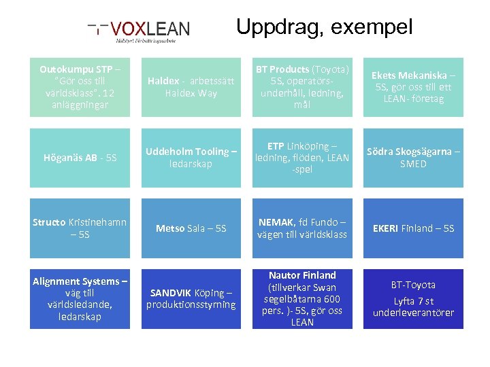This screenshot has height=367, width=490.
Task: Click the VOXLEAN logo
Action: tap(140, 30)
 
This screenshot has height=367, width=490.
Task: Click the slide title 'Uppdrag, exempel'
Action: tap(324, 27)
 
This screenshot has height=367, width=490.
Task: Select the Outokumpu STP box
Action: tap(80, 87)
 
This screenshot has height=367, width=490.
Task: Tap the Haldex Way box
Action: tap(191, 87)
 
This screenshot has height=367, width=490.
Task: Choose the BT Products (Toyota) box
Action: tap(302, 87)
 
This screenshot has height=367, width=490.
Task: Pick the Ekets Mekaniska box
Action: tap(413, 87)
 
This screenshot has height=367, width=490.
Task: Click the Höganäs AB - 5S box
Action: tap(80, 158)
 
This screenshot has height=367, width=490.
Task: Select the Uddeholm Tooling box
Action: tap(191, 158)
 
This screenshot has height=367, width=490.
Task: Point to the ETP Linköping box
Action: tap(302, 158)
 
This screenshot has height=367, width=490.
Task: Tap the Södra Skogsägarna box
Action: tap(413, 158)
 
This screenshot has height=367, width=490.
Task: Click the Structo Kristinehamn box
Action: tap(80, 228)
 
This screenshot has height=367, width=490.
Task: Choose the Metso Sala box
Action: tap(191, 228)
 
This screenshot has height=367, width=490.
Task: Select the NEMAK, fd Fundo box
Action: tap(302, 228)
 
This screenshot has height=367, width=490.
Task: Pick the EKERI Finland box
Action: tap(413, 228)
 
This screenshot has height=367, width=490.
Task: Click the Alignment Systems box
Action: tap(80, 299)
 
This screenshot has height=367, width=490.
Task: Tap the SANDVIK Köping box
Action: tap(191, 299)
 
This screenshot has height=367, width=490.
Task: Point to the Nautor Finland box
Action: tap(302, 299)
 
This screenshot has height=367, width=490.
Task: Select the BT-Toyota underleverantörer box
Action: tap(413, 299)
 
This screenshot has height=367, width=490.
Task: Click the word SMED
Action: tap(413, 164)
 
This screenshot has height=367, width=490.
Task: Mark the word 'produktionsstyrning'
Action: tap(191, 304)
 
